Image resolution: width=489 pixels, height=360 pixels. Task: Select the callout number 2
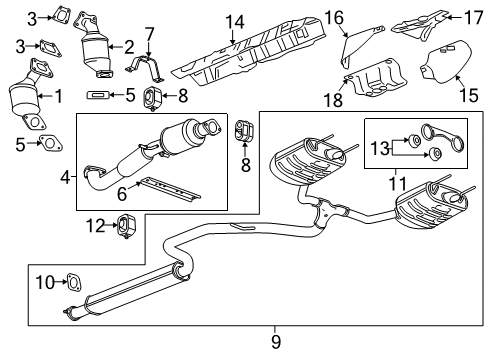[x=128, y=46]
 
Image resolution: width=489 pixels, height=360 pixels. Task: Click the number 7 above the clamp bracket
[x=148, y=36]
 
